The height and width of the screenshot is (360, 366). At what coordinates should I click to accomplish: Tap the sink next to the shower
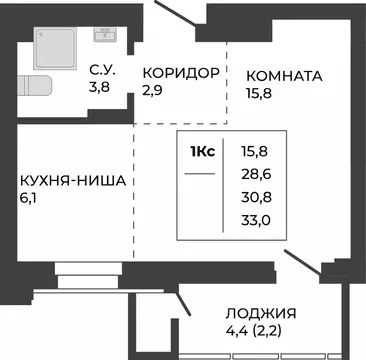(x=105, y=34)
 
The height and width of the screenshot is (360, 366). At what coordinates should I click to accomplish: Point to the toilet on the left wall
(x=35, y=85)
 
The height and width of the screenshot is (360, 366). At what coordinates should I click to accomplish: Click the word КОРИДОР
(x=180, y=73)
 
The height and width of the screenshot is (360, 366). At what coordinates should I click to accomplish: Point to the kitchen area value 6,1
(x=30, y=198)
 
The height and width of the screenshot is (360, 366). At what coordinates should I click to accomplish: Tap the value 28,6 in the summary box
(x=255, y=174)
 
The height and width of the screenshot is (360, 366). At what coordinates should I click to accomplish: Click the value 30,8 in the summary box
(x=255, y=198)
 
